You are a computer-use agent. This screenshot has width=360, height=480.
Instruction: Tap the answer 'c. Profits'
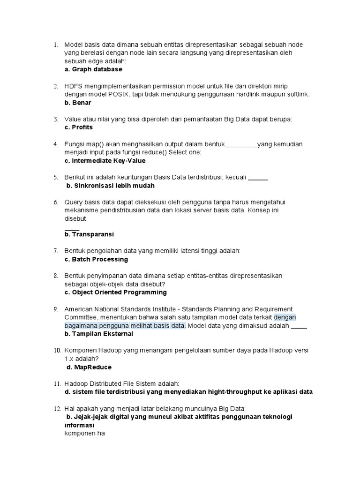click(x=79, y=127)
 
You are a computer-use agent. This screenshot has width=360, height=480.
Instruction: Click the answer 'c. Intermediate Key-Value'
click(x=105, y=161)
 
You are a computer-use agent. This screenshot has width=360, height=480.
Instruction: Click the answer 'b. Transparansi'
click(x=89, y=234)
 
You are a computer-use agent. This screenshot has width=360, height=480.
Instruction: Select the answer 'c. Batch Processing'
click(x=96, y=259)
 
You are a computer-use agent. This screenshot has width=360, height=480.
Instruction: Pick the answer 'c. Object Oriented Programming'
click(x=115, y=292)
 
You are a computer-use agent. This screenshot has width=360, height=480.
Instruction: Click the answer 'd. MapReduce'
click(x=89, y=367)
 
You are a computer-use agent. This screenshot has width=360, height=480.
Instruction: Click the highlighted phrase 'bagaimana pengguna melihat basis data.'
click(x=125, y=326)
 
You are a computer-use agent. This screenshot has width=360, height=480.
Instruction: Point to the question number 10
click(x=56, y=351)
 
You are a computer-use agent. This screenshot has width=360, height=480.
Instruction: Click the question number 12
click(x=56, y=409)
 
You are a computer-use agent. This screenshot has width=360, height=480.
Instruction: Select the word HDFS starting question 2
click(x=73, y=86)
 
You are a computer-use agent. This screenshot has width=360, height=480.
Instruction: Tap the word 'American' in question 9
click(x=79, y=309)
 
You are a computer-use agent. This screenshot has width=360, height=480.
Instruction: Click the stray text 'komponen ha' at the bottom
click(x=84, y=434)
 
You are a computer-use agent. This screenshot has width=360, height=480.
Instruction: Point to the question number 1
click(x=55, y=45)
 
